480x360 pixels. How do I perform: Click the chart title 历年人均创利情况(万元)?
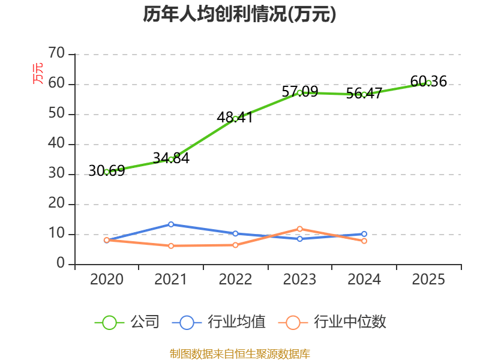239,14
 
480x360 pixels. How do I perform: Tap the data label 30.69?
107,171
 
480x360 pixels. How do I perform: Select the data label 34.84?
171,158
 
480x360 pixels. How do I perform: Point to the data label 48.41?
235,118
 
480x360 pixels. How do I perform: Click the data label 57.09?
299,92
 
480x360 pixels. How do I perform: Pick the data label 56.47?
364,94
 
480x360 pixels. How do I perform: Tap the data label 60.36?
428,82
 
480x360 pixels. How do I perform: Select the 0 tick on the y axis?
61,264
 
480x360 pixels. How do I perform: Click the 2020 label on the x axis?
107,280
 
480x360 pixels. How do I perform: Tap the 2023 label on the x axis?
299,280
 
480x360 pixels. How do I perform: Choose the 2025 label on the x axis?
428,280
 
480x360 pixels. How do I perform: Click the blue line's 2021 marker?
171,224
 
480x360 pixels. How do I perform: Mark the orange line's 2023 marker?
299,229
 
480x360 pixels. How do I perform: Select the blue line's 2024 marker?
364,234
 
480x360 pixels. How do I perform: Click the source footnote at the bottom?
239,353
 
